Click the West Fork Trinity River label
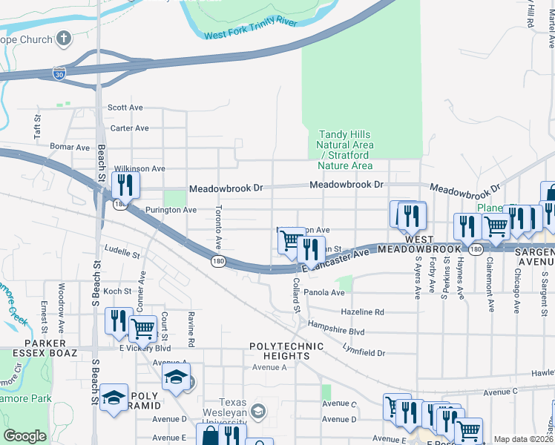pyautogui.click(x=250, y=29)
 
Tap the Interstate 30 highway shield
pyautogui.click(x=59, y=73)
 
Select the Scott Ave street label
pyautogui.click(x=125, y=108)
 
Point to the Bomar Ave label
pyautogui.click(x=70, y=147)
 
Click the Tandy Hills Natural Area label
pyautogui.click(x=346, y=150)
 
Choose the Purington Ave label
pyautogui.click(x=171, y=210)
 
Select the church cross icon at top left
pyautogui.click(x=65, y=38)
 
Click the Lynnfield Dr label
pyautogui.click(x=364, y=349)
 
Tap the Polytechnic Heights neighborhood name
pyautogui.click(x=286, y=351)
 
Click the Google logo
pyautogui.click(x=25, y=436)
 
